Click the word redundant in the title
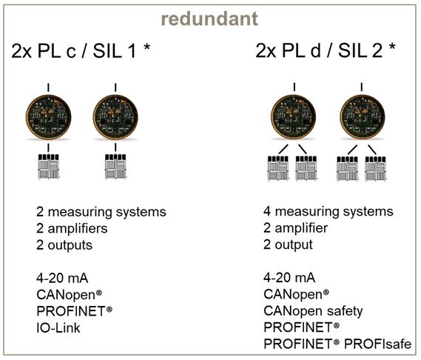point(209,19)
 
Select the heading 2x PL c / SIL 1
point(73,51)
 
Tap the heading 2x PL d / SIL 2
point(319,50)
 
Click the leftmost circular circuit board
point(48,117)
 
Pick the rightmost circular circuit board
point(363,117)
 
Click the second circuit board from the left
point(115,117)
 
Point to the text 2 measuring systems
point(101,212)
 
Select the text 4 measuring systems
point(329,212)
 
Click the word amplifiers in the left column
point(78,229)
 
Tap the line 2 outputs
point(64,245)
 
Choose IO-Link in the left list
point(58,328)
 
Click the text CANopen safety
point(313,311)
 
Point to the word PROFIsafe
point(378,344)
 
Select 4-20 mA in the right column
point(289,278)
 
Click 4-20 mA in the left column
point(62,279)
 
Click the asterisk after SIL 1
point(146,47)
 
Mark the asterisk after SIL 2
point(392,47)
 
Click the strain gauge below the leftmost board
point(48,167)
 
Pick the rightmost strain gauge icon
point(376,169)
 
